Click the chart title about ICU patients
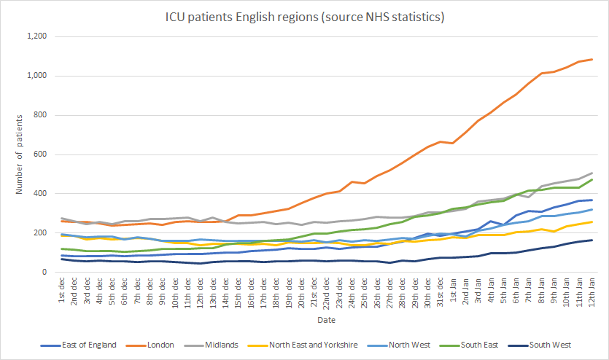(x=305, y=16)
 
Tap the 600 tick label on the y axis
(x=41, y=154)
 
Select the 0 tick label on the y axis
(x=45, y=273)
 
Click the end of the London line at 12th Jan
(x=591, y=60)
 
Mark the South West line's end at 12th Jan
(x=591, y=240)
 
